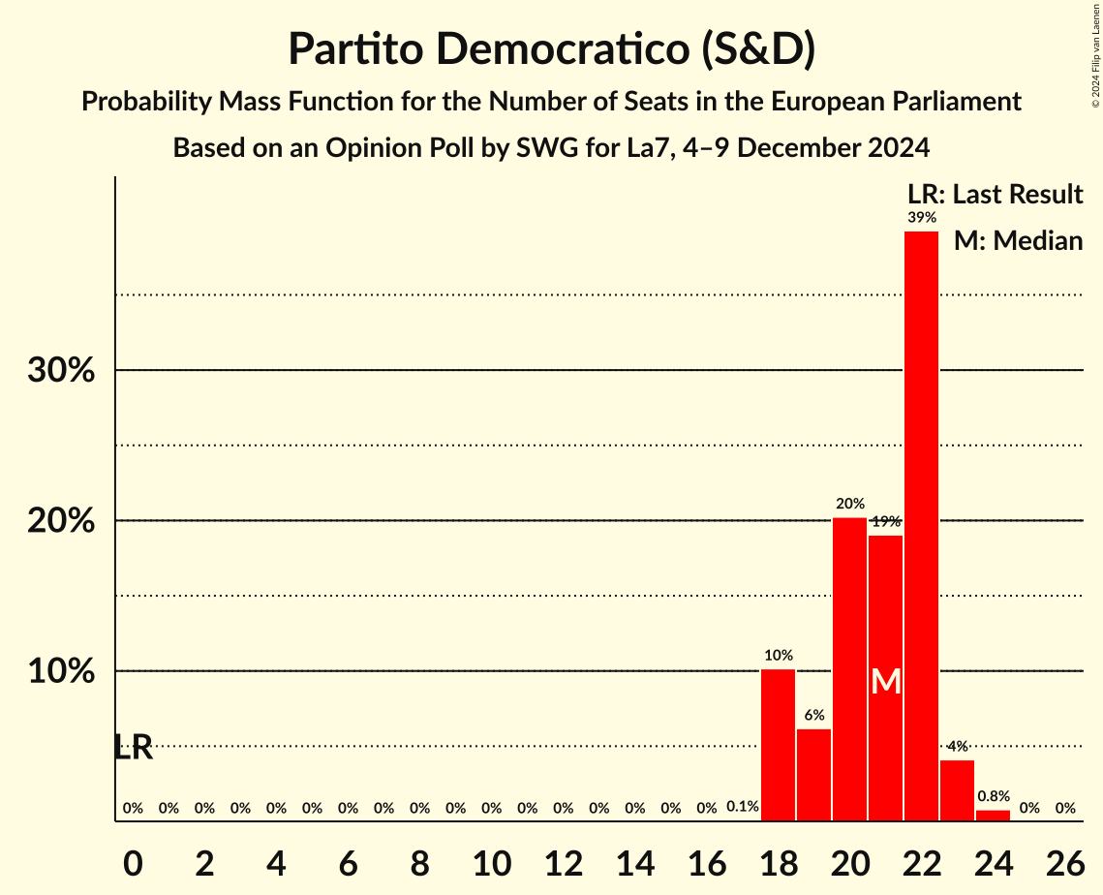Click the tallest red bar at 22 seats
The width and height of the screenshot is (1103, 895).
point(921,526)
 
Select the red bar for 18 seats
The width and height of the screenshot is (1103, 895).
point(778,745)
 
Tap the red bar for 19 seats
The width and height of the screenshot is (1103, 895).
point(813,775)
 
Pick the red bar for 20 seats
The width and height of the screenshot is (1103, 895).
point(849,669)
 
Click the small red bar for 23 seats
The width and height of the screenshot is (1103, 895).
point(957,790)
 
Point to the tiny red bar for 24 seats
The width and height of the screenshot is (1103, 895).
point(993,816)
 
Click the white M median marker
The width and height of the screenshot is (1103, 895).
point(885,681)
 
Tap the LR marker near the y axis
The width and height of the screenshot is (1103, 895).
point(133,747)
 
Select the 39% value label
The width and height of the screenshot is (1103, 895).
point(921,218)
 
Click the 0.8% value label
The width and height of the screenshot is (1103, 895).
point(993,796)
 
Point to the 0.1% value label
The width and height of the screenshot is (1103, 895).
point(743,807)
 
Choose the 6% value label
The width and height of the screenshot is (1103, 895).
point(813,716)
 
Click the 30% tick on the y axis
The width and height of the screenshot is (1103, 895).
point(61,370)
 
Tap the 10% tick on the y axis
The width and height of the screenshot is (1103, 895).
point(61,671)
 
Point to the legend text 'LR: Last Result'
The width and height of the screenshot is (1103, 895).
point(995,195)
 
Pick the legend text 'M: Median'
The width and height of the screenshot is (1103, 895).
point(1018,240)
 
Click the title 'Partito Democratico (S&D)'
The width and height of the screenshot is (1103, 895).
point(551,50)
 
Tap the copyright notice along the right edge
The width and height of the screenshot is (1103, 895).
point(1095,58)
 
